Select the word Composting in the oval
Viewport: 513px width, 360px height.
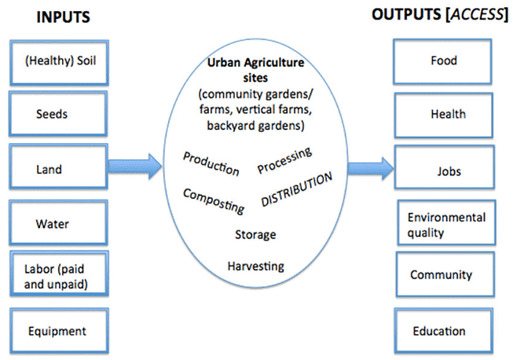[x=214, y=200]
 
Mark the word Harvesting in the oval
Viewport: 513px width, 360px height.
[x=255, y=266]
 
